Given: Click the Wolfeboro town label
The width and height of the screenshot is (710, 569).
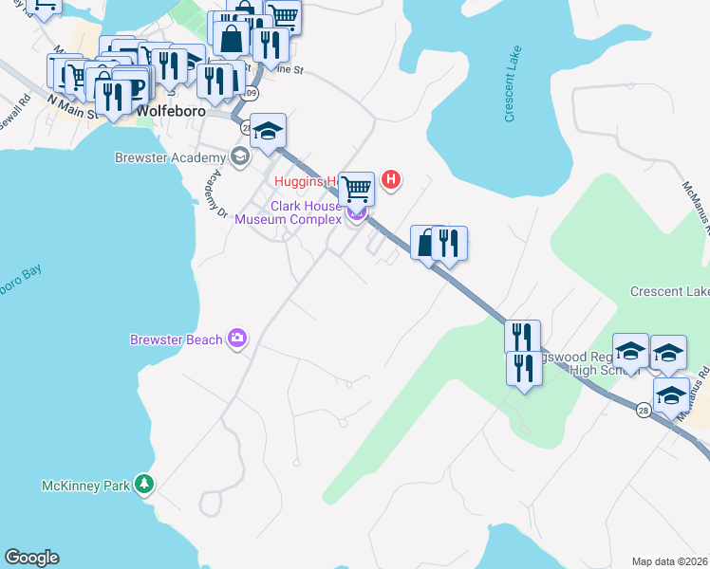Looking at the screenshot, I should (x=172, y=110).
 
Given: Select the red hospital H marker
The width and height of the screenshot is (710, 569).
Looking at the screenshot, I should (x=390, y=179).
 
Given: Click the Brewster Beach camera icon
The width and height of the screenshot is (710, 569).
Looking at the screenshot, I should (x=237, y=338).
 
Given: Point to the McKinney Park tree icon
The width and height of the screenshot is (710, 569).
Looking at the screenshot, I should (x=143, y=485).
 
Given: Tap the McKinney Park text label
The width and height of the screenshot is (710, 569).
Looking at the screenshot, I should (x=85, y=486).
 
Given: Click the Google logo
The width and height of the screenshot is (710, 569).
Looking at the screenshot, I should (x=31, y=558).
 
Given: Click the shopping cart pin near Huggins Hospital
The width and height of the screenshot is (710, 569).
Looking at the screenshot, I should (x=356, y=189).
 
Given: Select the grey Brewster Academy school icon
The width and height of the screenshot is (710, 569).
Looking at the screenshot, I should (x=239, y=156).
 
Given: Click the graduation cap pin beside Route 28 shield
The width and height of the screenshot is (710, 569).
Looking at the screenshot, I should (x=671, y=395).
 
